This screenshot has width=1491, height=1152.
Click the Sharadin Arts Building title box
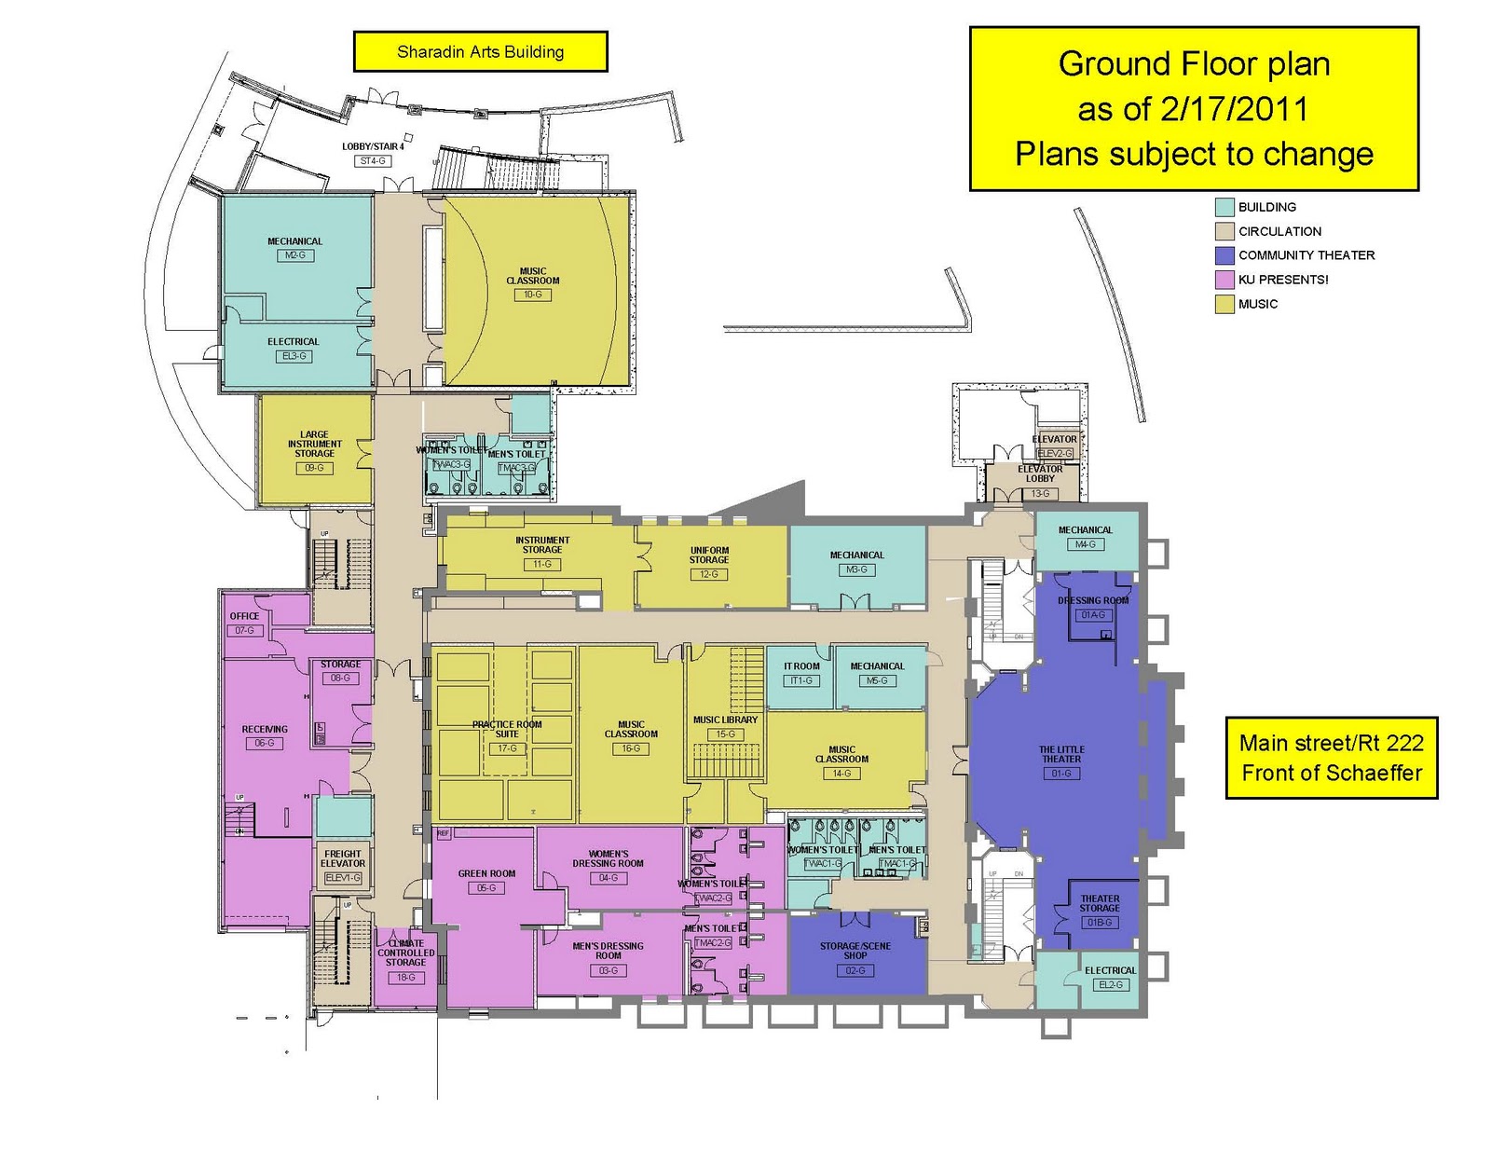tap(480, 52)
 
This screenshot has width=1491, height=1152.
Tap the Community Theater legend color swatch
tap(1224, 255)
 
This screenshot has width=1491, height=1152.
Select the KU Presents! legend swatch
tap(1224, 280)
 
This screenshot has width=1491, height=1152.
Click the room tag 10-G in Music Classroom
tap(532, 295)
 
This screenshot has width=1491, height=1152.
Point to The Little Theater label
tap(1061, 754)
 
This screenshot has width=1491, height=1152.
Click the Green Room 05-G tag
tap(486, 888)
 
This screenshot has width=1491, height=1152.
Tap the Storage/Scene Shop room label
tap(855, 950)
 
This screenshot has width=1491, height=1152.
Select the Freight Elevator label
tap(343, 858)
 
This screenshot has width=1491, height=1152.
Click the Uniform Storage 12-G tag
tap(709, 574)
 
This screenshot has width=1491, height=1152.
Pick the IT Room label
tap(801, 666)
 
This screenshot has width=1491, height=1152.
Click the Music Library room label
tap(725, 720)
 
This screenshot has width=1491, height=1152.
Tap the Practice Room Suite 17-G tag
tap(507, 748)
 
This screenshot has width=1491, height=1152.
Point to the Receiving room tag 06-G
tap(265, 743)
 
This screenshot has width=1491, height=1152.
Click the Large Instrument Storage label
tap(314, 444)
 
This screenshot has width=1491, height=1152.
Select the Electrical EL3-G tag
tap(294, 356)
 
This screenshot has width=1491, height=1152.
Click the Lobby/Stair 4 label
tap(373, 146)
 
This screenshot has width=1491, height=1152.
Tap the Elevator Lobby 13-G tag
tap(1040, 493)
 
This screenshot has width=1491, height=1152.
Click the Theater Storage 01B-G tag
tap(1100, 922)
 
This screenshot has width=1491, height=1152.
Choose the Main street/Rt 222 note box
tap(1331, 758)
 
